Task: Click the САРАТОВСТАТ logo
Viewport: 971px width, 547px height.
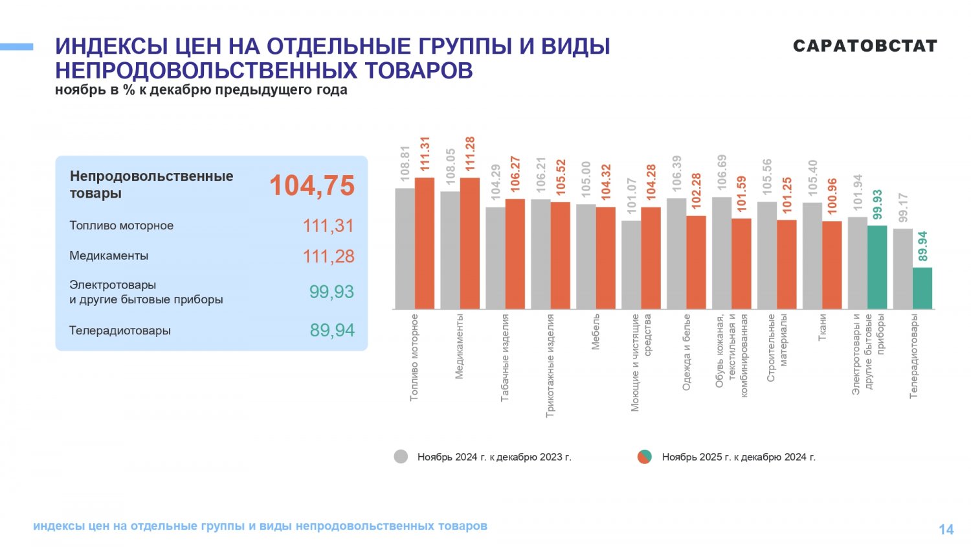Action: (x=865, y=46)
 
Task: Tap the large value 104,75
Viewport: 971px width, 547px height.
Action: (x=312, y=185)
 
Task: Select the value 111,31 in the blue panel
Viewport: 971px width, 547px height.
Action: (x=328, y=226)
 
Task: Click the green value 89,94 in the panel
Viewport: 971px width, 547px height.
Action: (x=332, y=331)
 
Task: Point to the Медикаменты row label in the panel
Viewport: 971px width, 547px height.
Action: (x=109, y=256)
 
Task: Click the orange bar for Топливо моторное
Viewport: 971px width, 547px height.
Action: (x=425, y=243)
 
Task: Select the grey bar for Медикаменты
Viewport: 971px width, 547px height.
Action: (x=450, y=250)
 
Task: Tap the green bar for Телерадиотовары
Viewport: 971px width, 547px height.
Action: (x=922, y=288)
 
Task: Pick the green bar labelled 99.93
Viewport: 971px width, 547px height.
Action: (x=877, y=267)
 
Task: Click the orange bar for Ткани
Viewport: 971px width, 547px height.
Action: (x=832, y=265)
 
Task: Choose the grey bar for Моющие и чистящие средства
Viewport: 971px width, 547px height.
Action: (x=631, y=264)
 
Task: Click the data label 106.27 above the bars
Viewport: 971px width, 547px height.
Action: (x=515, y=173)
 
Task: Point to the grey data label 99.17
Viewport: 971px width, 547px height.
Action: (x=903, y=207)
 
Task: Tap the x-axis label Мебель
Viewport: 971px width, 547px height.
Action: (x=596, y=332)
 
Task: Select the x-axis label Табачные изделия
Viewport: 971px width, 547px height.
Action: (x=505, y=358)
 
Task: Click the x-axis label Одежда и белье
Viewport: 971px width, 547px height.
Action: (x=686, y=352)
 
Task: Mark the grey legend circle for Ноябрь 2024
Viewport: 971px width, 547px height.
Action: (x=401, y=456)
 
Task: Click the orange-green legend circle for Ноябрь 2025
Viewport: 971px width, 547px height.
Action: (x=644, y=456)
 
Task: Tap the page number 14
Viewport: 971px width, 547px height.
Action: (x=946, y=530)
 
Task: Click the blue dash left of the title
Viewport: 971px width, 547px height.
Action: (x=17, y=47)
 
